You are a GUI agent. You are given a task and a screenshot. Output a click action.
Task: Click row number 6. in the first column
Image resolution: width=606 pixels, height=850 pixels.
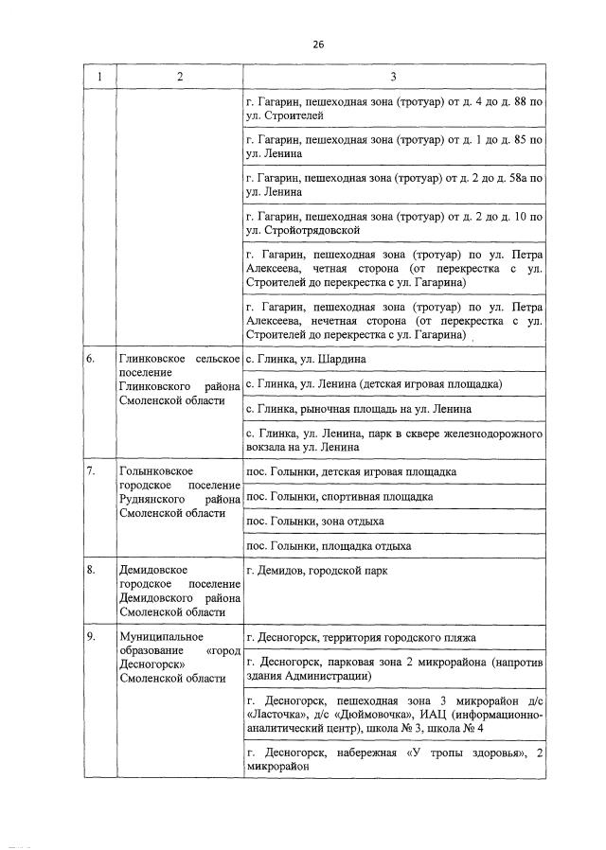91,360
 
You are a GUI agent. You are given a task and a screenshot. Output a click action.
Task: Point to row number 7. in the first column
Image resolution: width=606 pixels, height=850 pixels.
91,471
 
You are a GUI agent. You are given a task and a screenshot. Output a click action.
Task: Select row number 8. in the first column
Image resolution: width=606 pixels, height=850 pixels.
91,571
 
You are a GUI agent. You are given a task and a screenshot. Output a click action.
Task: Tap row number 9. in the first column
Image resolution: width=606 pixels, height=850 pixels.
91,637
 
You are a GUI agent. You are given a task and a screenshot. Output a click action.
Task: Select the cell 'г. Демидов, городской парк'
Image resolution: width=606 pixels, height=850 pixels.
315,571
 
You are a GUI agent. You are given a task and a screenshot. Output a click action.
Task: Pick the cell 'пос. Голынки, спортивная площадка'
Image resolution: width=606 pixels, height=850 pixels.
339,496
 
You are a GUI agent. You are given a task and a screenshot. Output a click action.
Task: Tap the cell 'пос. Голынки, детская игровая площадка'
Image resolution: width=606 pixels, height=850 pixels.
350,471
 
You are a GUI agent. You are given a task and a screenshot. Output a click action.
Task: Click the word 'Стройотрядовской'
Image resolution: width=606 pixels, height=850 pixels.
310,229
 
